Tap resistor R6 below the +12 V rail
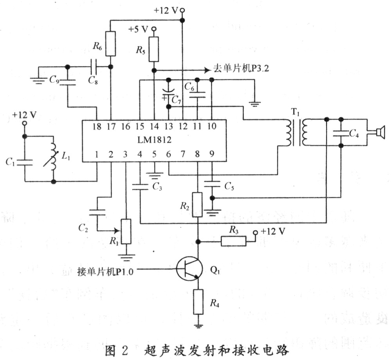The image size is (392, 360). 111,43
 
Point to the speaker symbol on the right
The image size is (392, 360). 380,132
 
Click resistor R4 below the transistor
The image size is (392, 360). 198,302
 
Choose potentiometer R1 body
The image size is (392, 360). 126,231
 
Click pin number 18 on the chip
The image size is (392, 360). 96,127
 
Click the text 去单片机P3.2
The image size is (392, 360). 242,67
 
